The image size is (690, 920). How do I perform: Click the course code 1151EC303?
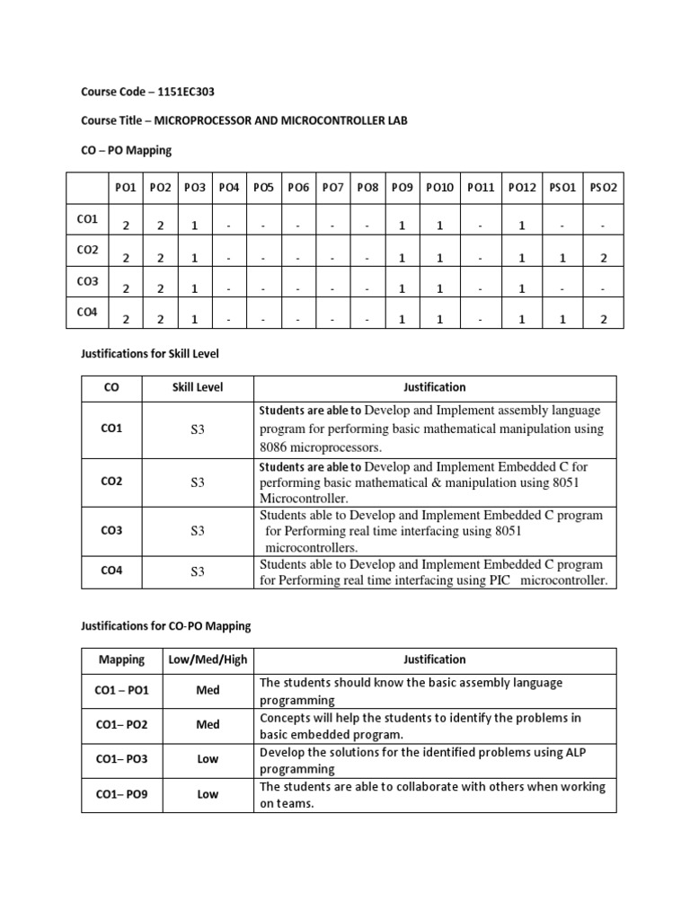pos(184,92)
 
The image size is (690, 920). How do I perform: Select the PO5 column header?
pos(263,188)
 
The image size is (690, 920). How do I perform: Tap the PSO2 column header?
pos(604,188)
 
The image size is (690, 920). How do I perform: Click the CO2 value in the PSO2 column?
pos(604,258)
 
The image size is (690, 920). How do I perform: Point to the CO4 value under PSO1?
pos(563,319)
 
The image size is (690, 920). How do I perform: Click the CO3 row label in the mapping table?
pos(88,281)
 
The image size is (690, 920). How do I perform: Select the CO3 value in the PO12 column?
pos(521,288)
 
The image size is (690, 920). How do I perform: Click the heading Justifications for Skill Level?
pos(150,354)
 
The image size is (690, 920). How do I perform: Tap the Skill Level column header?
pos(198,387)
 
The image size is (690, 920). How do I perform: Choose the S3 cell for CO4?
pos(198,571)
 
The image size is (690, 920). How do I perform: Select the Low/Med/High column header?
pos(208,659)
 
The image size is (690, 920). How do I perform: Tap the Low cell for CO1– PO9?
pos(208,795)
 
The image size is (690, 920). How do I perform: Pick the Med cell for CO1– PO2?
pos(208,725)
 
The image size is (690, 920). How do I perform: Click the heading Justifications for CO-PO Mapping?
pos(166,625)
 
